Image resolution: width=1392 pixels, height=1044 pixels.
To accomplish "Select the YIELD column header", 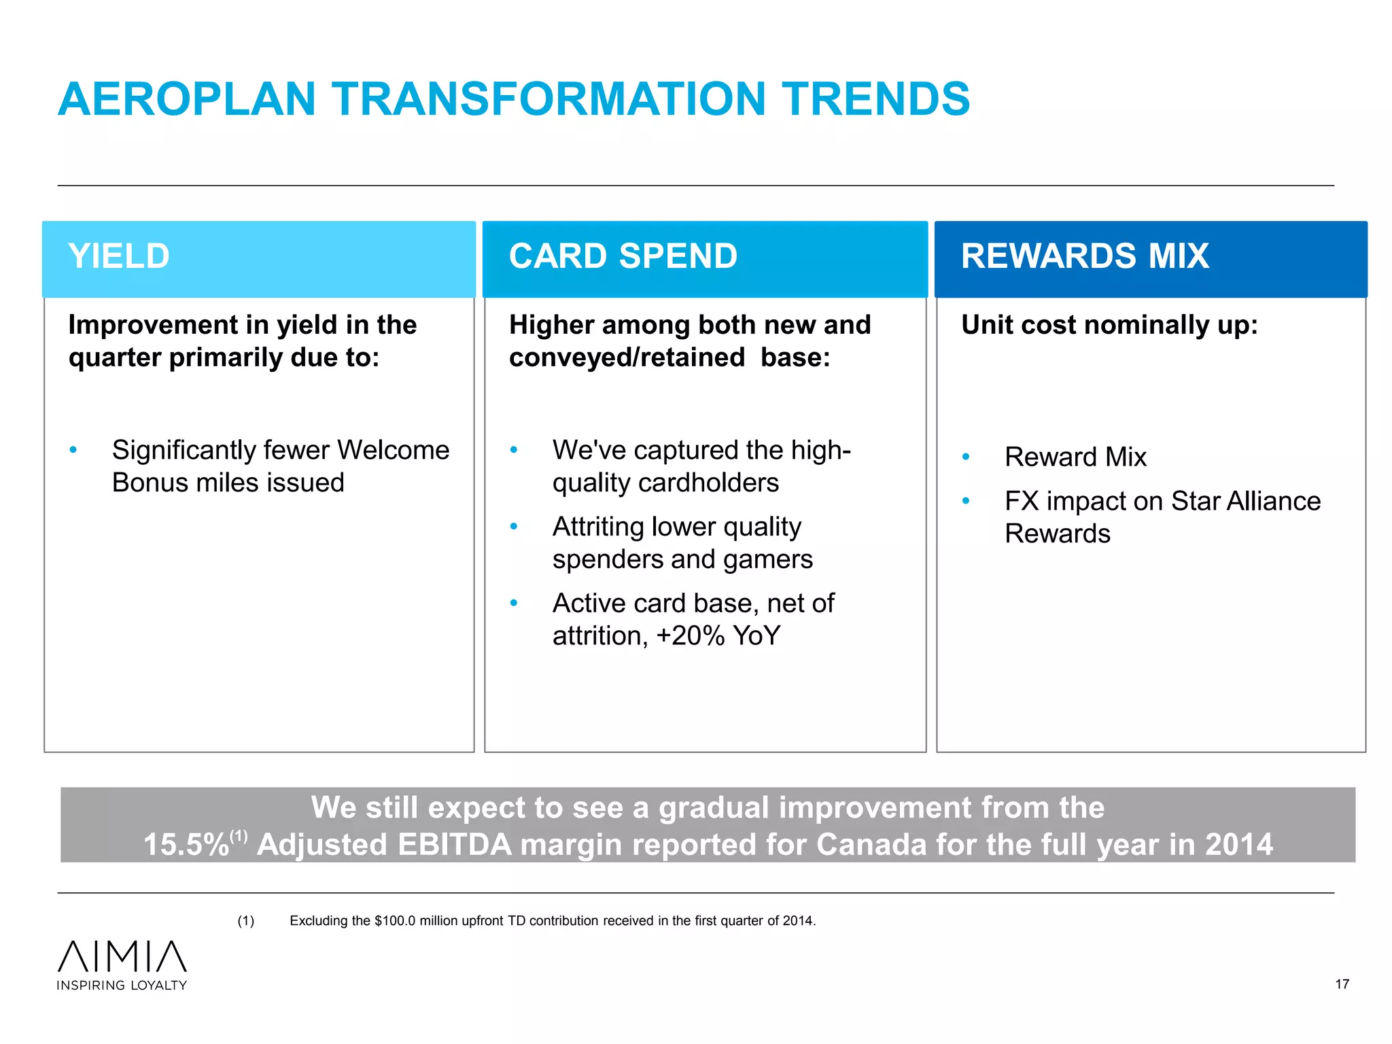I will click(119, 256).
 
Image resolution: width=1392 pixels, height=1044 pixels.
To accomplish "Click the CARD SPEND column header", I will click(623, 256).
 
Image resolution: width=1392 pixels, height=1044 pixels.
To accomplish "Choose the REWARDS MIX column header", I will click(1085, 256).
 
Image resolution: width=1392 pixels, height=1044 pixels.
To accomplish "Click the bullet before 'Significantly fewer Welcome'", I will click(73, 450).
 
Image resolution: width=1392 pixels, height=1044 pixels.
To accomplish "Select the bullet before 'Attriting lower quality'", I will click(514, 527).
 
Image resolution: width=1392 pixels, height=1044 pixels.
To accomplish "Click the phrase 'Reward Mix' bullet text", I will click(1075, 457).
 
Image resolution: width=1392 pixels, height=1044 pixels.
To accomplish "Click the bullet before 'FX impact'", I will click(966, 501).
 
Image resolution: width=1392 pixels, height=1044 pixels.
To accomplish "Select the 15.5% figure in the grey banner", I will click(186, 845).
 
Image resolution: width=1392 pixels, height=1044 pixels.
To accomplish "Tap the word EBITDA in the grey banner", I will click(454, 845).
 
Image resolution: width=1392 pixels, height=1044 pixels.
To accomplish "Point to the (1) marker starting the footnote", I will click(245, 921).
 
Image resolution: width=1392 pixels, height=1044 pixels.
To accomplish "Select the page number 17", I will click(1342, 984).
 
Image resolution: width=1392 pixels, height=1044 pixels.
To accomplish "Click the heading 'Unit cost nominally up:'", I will click(1109, 325).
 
